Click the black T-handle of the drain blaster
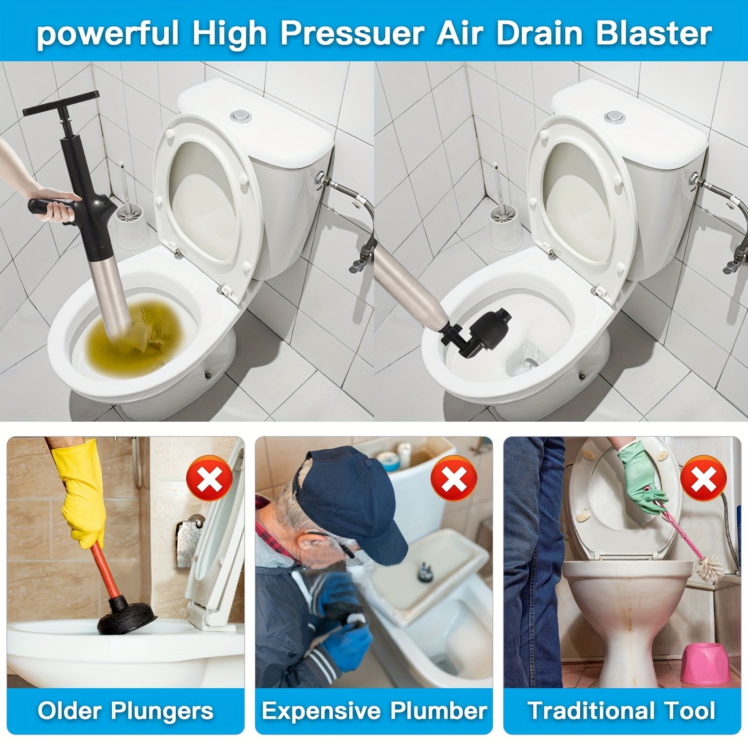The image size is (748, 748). coord(61,104)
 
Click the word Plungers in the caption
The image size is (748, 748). coord(162,710)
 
